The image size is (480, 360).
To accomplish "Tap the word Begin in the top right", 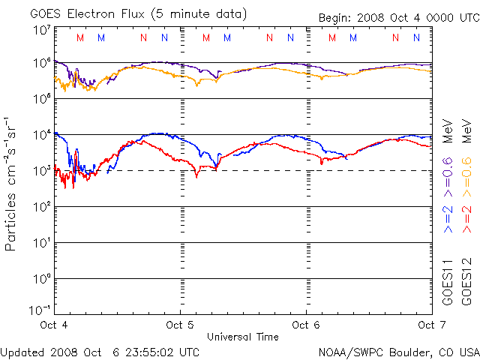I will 334,18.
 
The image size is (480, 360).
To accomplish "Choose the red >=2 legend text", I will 466,217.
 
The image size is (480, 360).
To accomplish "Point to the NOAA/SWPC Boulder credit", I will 398,351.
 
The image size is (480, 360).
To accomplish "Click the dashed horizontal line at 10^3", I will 240,171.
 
